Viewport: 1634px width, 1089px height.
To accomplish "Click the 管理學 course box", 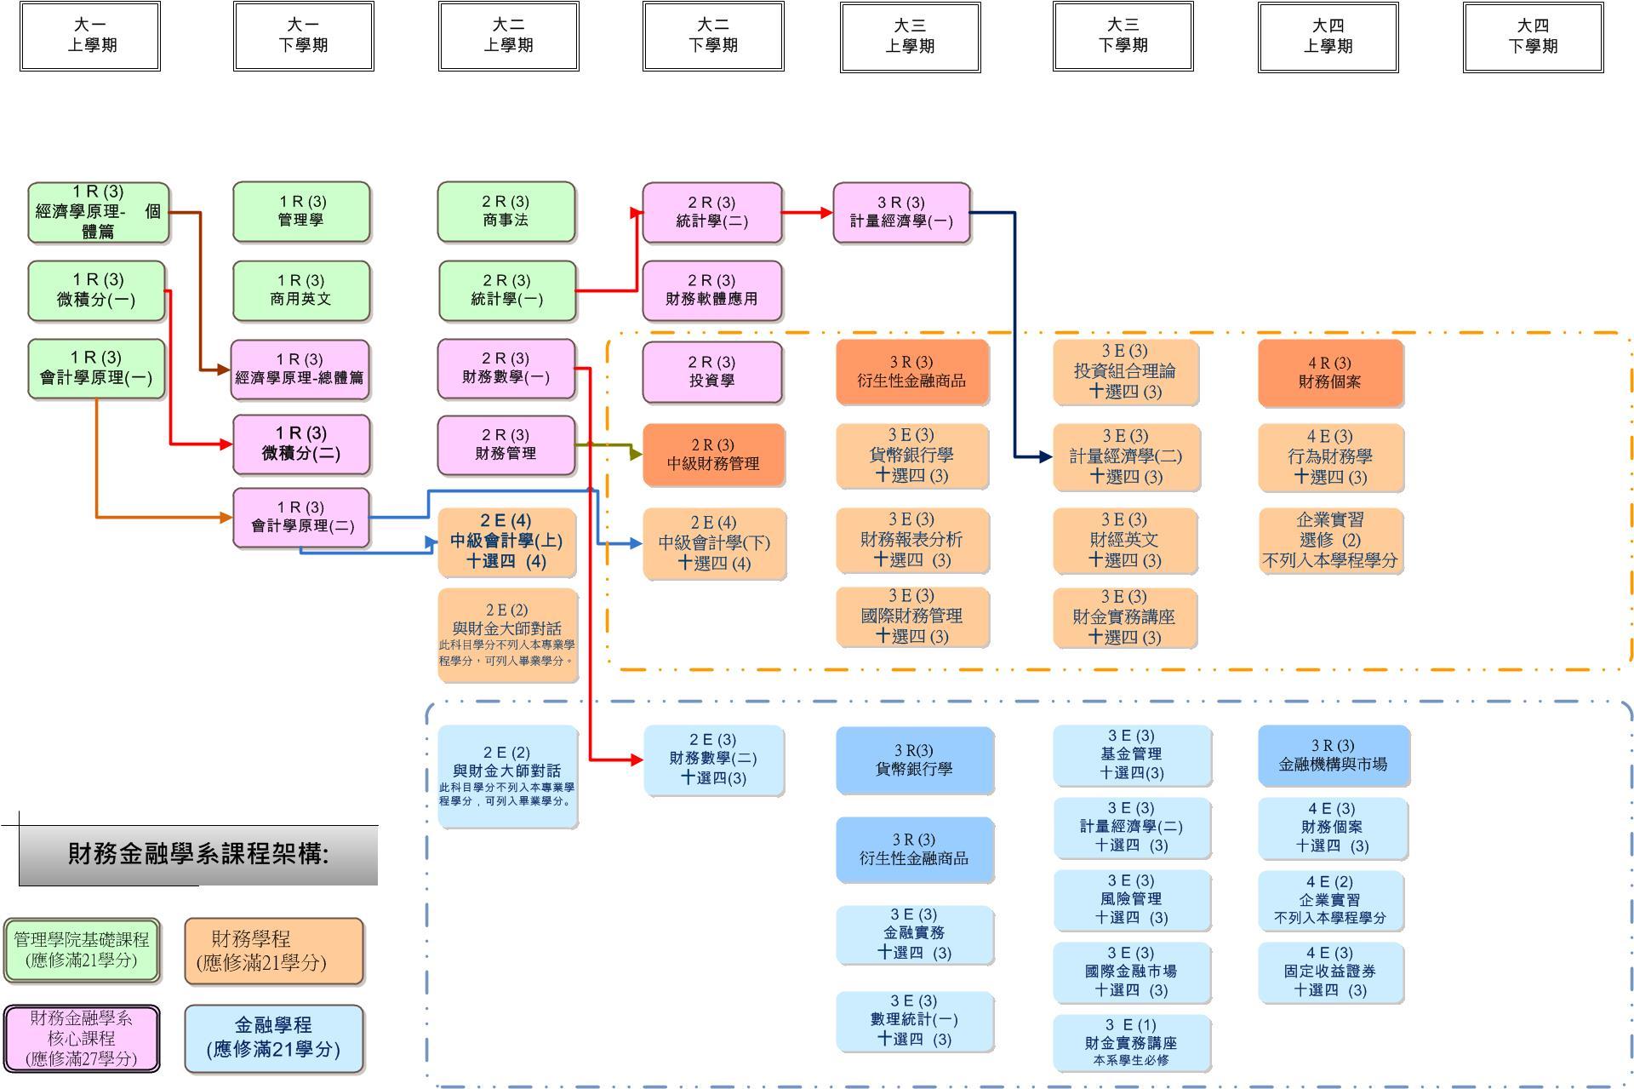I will pyautogui.click(x=301, y=211).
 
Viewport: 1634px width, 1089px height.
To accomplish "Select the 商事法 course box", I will pyautogui.click(x=506, y=211).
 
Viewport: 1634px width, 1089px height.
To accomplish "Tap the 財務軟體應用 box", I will pyautogui.click(x=711, y=290).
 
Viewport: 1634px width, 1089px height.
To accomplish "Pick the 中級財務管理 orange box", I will pyautogui.click(x=713, y=455).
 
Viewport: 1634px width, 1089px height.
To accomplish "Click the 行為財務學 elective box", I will pyautogui.click(x=1330, y=457).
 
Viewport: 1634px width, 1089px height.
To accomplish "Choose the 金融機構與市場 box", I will pyautogui.click(x=1333, y=755).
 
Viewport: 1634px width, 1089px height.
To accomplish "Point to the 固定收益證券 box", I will pyautogui.click(x=1330, y=972).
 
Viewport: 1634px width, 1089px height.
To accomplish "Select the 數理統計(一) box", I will pyautogui.click(x=914, y=1020).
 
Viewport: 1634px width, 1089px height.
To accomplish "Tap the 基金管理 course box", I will pyautogui.click(x=1131, y=754).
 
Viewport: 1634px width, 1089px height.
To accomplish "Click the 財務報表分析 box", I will pyautogui.click(x=911, y=540).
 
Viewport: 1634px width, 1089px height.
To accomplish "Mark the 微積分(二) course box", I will pyautogui.click(x=301, y=444).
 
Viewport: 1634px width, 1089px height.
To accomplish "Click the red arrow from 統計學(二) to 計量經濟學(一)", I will pyautogui.click(x=807, y=213).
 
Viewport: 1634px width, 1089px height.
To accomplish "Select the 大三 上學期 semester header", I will pyautogui.click(x=910, y=37).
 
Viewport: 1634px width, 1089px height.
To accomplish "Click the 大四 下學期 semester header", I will pyautogui.click(x=1533, y=37).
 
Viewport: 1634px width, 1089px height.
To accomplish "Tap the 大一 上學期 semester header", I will pyautogui.click(x=90, y=36).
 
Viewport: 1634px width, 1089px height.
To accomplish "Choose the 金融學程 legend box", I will pyautogui.click(x=273, y=1038).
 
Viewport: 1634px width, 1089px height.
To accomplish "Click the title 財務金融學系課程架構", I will pyautogui.click(x=198, y=854).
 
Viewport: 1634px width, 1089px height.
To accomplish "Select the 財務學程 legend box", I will pyautogui.click(x=273, y=951).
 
